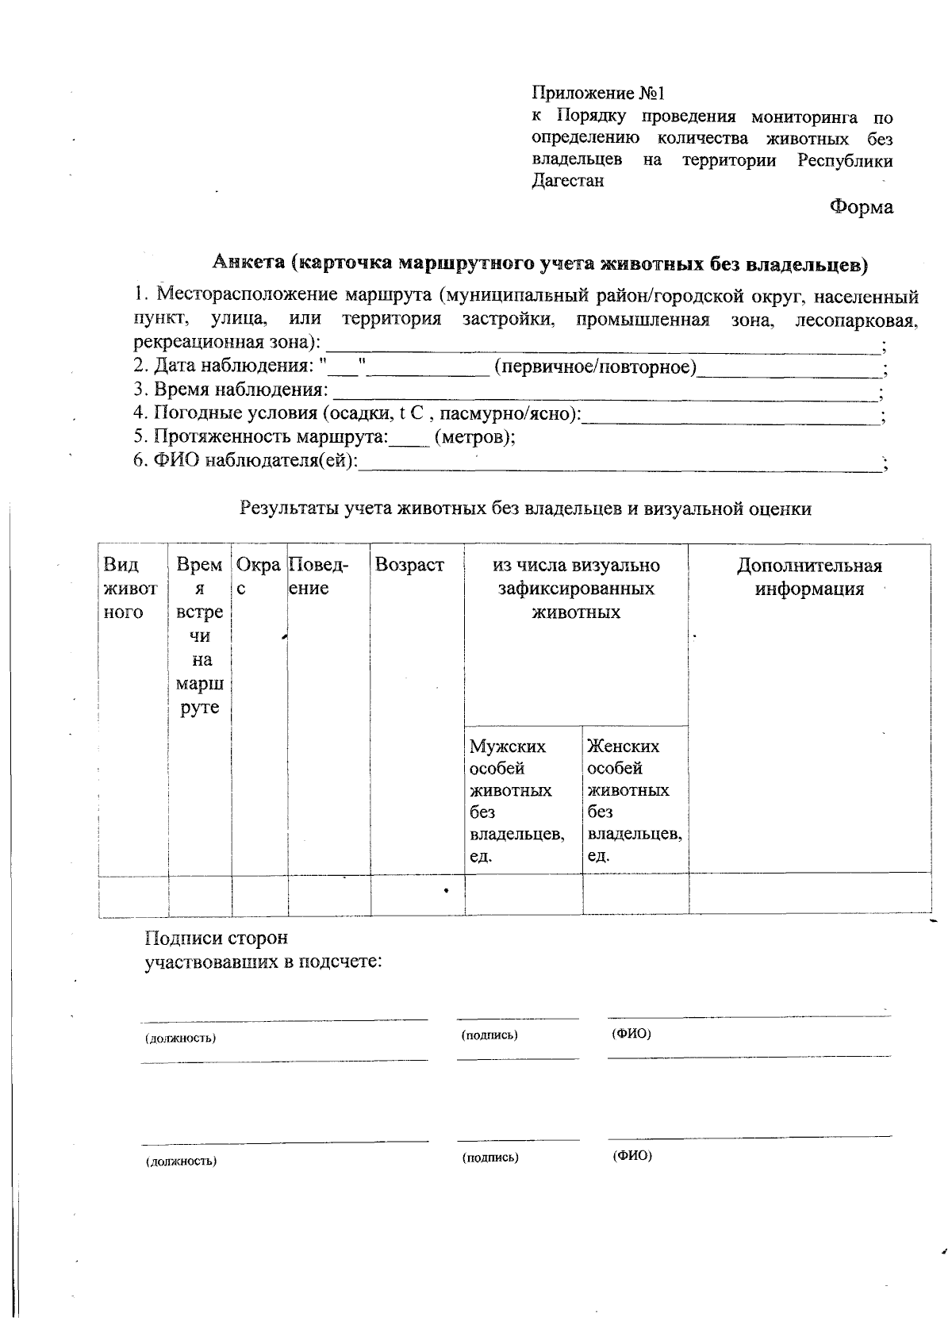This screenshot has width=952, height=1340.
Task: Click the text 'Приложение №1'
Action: coord(597,94)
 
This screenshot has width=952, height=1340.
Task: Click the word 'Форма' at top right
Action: coord(861,208)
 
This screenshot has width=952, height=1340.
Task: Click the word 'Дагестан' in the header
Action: coord(567,181)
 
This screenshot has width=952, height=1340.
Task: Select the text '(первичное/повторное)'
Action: coord(594,367)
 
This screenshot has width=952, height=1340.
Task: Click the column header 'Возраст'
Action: coord(409,566)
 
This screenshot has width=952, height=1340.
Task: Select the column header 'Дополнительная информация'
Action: coord(809,578)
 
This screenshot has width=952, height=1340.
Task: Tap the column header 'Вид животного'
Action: coord(130,589)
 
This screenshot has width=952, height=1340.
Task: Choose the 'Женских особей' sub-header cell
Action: coord(634,801)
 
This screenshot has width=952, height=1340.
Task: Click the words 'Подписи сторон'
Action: coord(216,939)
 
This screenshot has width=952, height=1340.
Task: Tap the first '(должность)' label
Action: coord(180,1039)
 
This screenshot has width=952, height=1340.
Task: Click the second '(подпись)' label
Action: coord(490,1158)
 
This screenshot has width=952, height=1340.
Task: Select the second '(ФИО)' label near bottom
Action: coord(631,1156)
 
